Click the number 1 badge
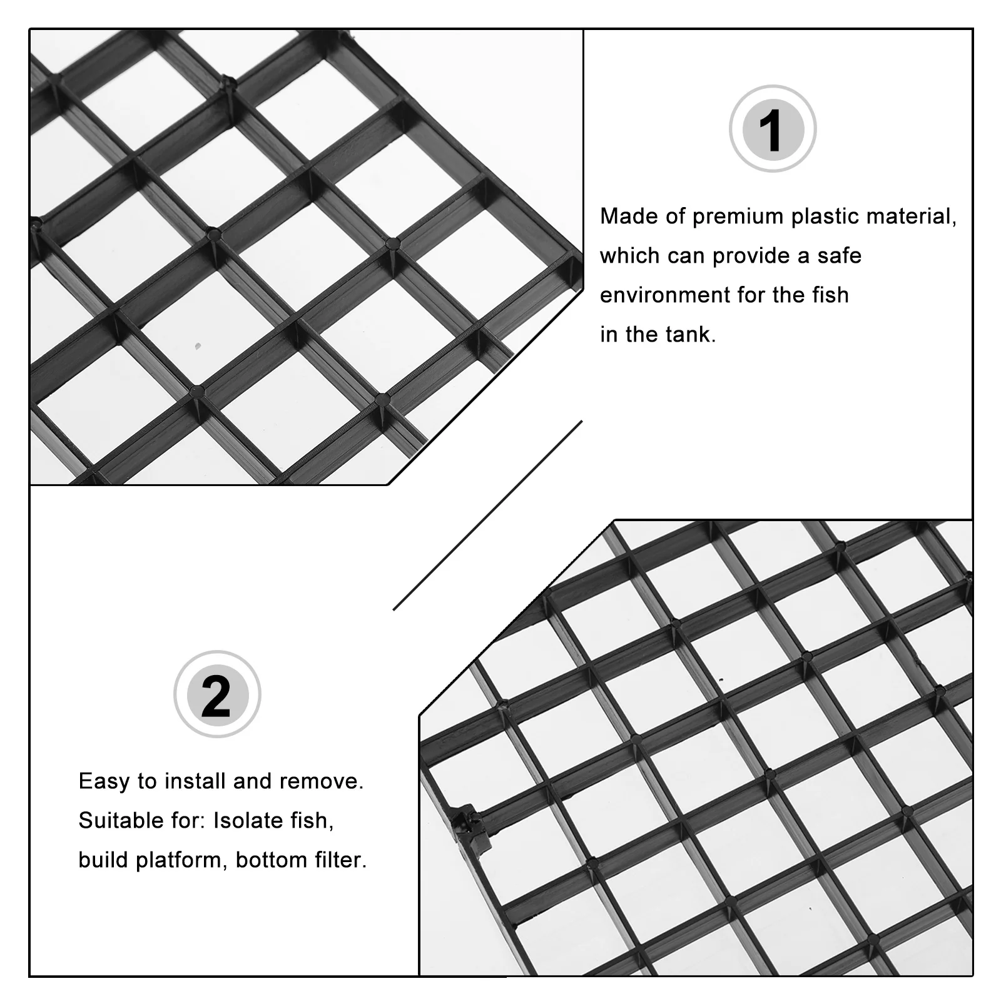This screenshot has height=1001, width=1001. (772, 129)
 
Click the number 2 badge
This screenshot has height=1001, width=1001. (216, 694)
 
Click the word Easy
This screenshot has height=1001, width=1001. (104, 781)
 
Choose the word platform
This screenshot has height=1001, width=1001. (182, 861)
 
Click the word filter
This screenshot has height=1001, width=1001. (342, 860)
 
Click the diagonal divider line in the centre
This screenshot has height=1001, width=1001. (488, 516)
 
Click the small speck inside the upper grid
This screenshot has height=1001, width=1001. (198, 345)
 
